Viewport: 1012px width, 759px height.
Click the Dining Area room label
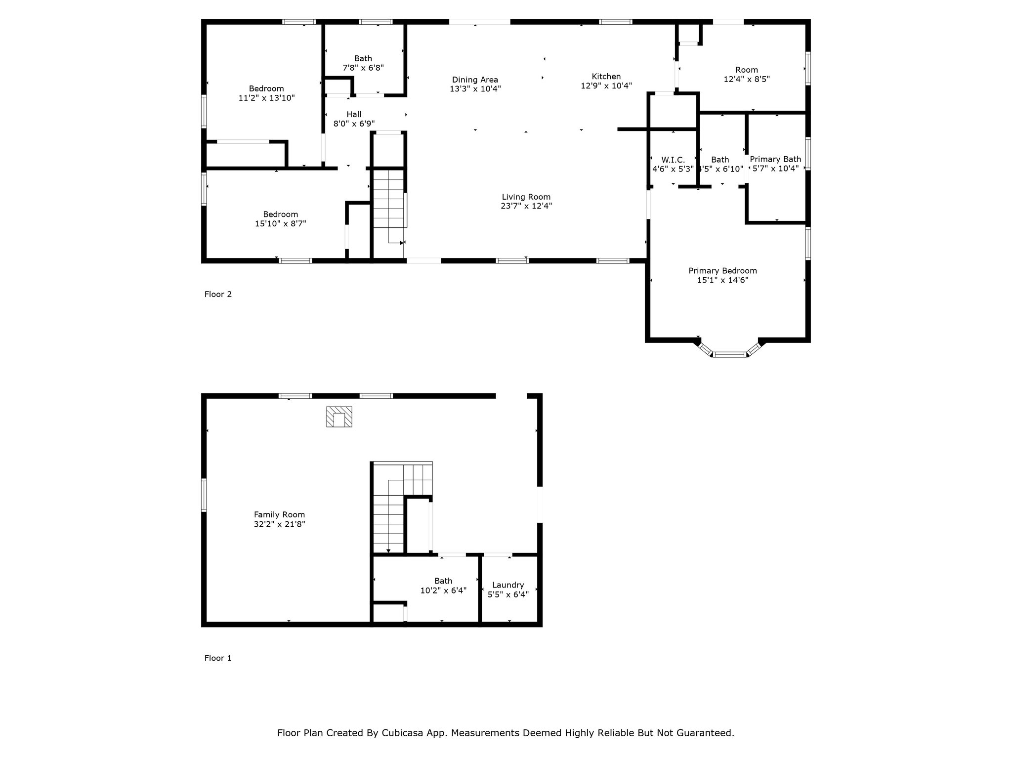point(475,80)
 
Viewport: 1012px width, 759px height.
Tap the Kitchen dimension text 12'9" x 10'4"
point(606,85)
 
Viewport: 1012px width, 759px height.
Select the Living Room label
point(526,197)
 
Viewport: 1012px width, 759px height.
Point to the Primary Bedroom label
point(722,271)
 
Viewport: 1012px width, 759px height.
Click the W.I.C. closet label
point(673,160)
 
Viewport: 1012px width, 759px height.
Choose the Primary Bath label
point(775,159)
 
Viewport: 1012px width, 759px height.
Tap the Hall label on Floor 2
point(354,114)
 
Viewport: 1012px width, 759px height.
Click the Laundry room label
point(508,585)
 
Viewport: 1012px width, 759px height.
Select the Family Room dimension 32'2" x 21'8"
point(280,524)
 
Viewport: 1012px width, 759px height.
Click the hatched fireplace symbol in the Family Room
point(339,417)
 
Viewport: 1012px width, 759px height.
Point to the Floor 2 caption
point(218,294)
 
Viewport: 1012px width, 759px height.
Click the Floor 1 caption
point(218,658)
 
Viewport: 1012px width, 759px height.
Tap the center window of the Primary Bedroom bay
point(730,354)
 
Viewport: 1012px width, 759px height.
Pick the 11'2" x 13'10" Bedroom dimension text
point(266,98)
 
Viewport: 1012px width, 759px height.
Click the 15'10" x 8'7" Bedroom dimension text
point(280,223)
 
